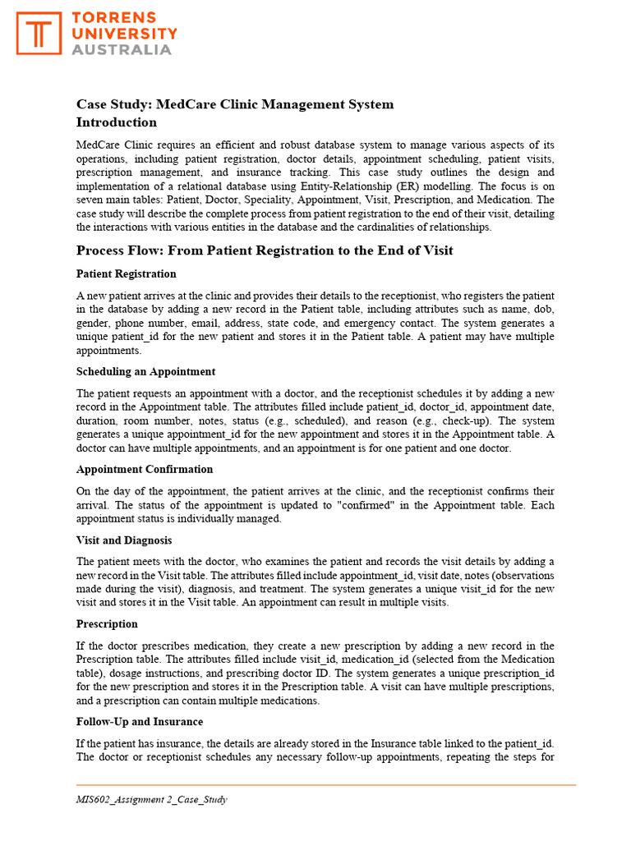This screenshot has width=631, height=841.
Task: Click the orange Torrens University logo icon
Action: click(39, 33)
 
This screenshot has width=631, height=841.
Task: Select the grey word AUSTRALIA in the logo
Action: click(122, 49)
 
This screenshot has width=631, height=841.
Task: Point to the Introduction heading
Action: click(117, 122)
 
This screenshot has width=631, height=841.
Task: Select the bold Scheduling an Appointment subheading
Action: click(146, 371)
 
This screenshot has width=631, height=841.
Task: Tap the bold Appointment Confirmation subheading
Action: click(145, 469)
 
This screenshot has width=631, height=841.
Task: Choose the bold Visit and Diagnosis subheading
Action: click(123, 540)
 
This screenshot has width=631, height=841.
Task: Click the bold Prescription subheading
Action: click(107, 624)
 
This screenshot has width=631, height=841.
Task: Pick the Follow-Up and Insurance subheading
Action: click(140, 722)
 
